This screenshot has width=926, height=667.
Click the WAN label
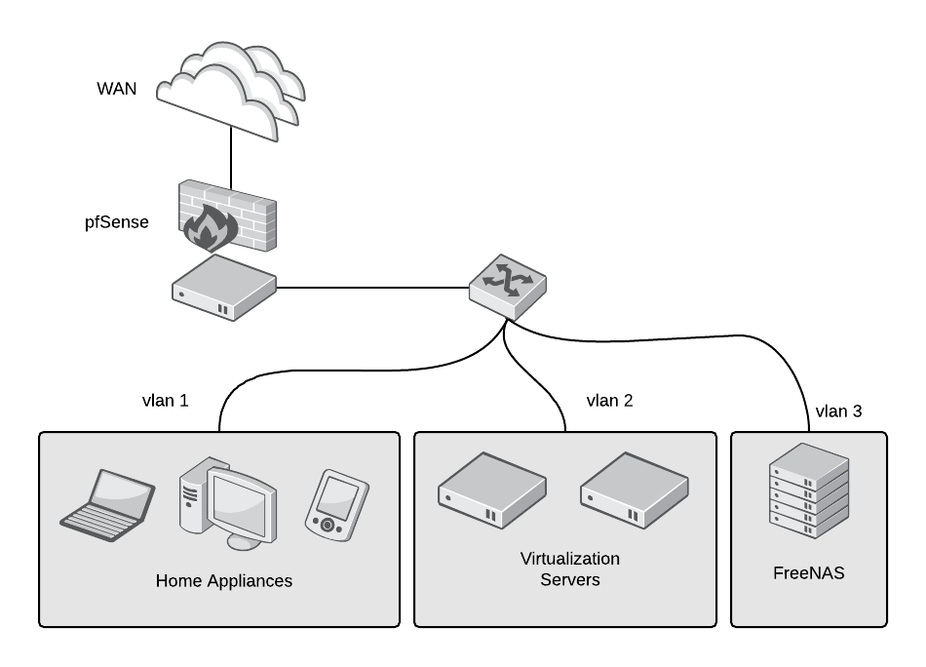pyautogui.click(x=117, y=89)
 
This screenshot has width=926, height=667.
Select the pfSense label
pyautogui.click(x=117, y=222)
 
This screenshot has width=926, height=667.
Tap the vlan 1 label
pyautogui.click(x=165, y=400)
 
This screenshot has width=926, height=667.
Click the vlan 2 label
pyautogui.click(x=609, y=400)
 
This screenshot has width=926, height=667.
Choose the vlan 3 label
pyautogui.click(x=837, y=411)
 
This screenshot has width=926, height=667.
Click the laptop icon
pyautogui.click(x=106, y=500)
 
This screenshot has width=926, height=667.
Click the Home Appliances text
pyautogui.click(x=223, y=581)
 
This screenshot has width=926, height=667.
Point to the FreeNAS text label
pyautogui.click(x=808, y=573)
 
